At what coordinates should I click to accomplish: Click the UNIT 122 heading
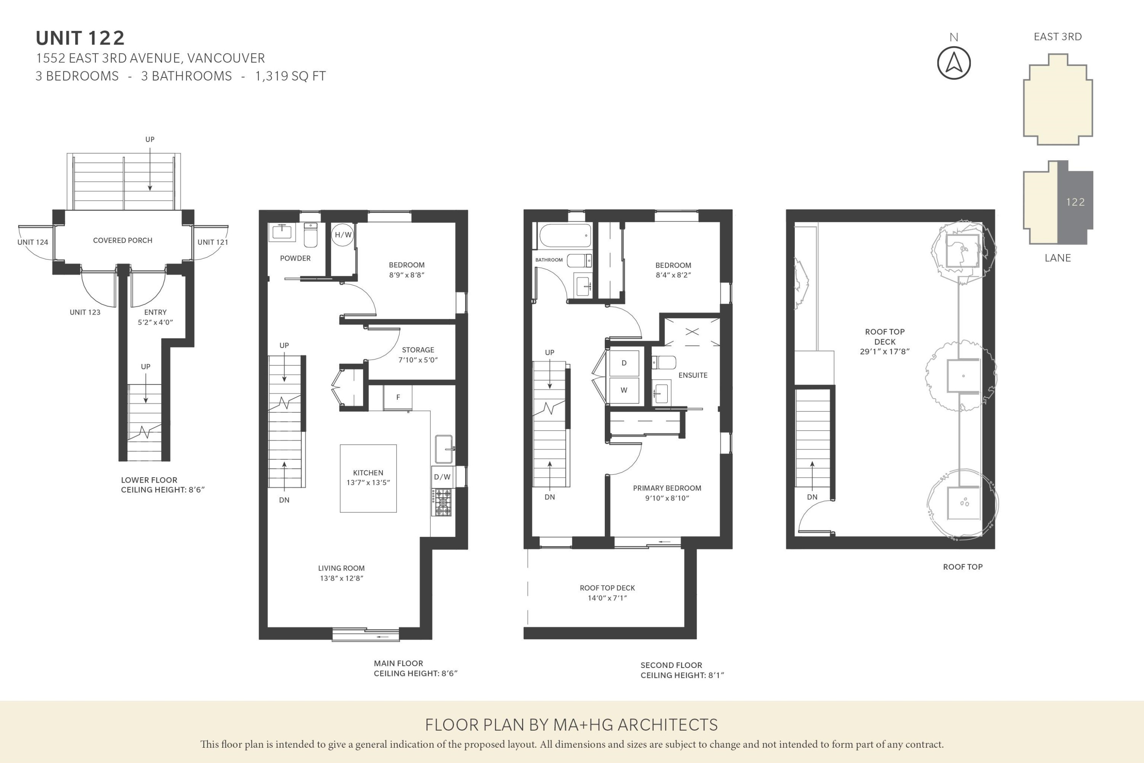(80, 38)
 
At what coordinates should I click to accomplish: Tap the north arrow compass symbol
(953, 63)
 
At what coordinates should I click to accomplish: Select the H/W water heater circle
(342, 235)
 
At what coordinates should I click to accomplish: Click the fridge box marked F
(398, 397)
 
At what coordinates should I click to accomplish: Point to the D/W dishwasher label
(442, 477)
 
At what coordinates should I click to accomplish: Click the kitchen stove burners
(442, 502)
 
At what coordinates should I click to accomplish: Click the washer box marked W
(623, 390)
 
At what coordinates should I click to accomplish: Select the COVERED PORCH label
(122, 240)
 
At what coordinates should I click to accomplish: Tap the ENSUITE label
(693, 375)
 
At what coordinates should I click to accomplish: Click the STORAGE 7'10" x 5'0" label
(418, 355)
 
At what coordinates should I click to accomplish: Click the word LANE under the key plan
(1057, 258)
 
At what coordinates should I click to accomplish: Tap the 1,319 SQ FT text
(290, 76)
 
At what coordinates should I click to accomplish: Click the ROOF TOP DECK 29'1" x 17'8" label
(884, 341)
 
